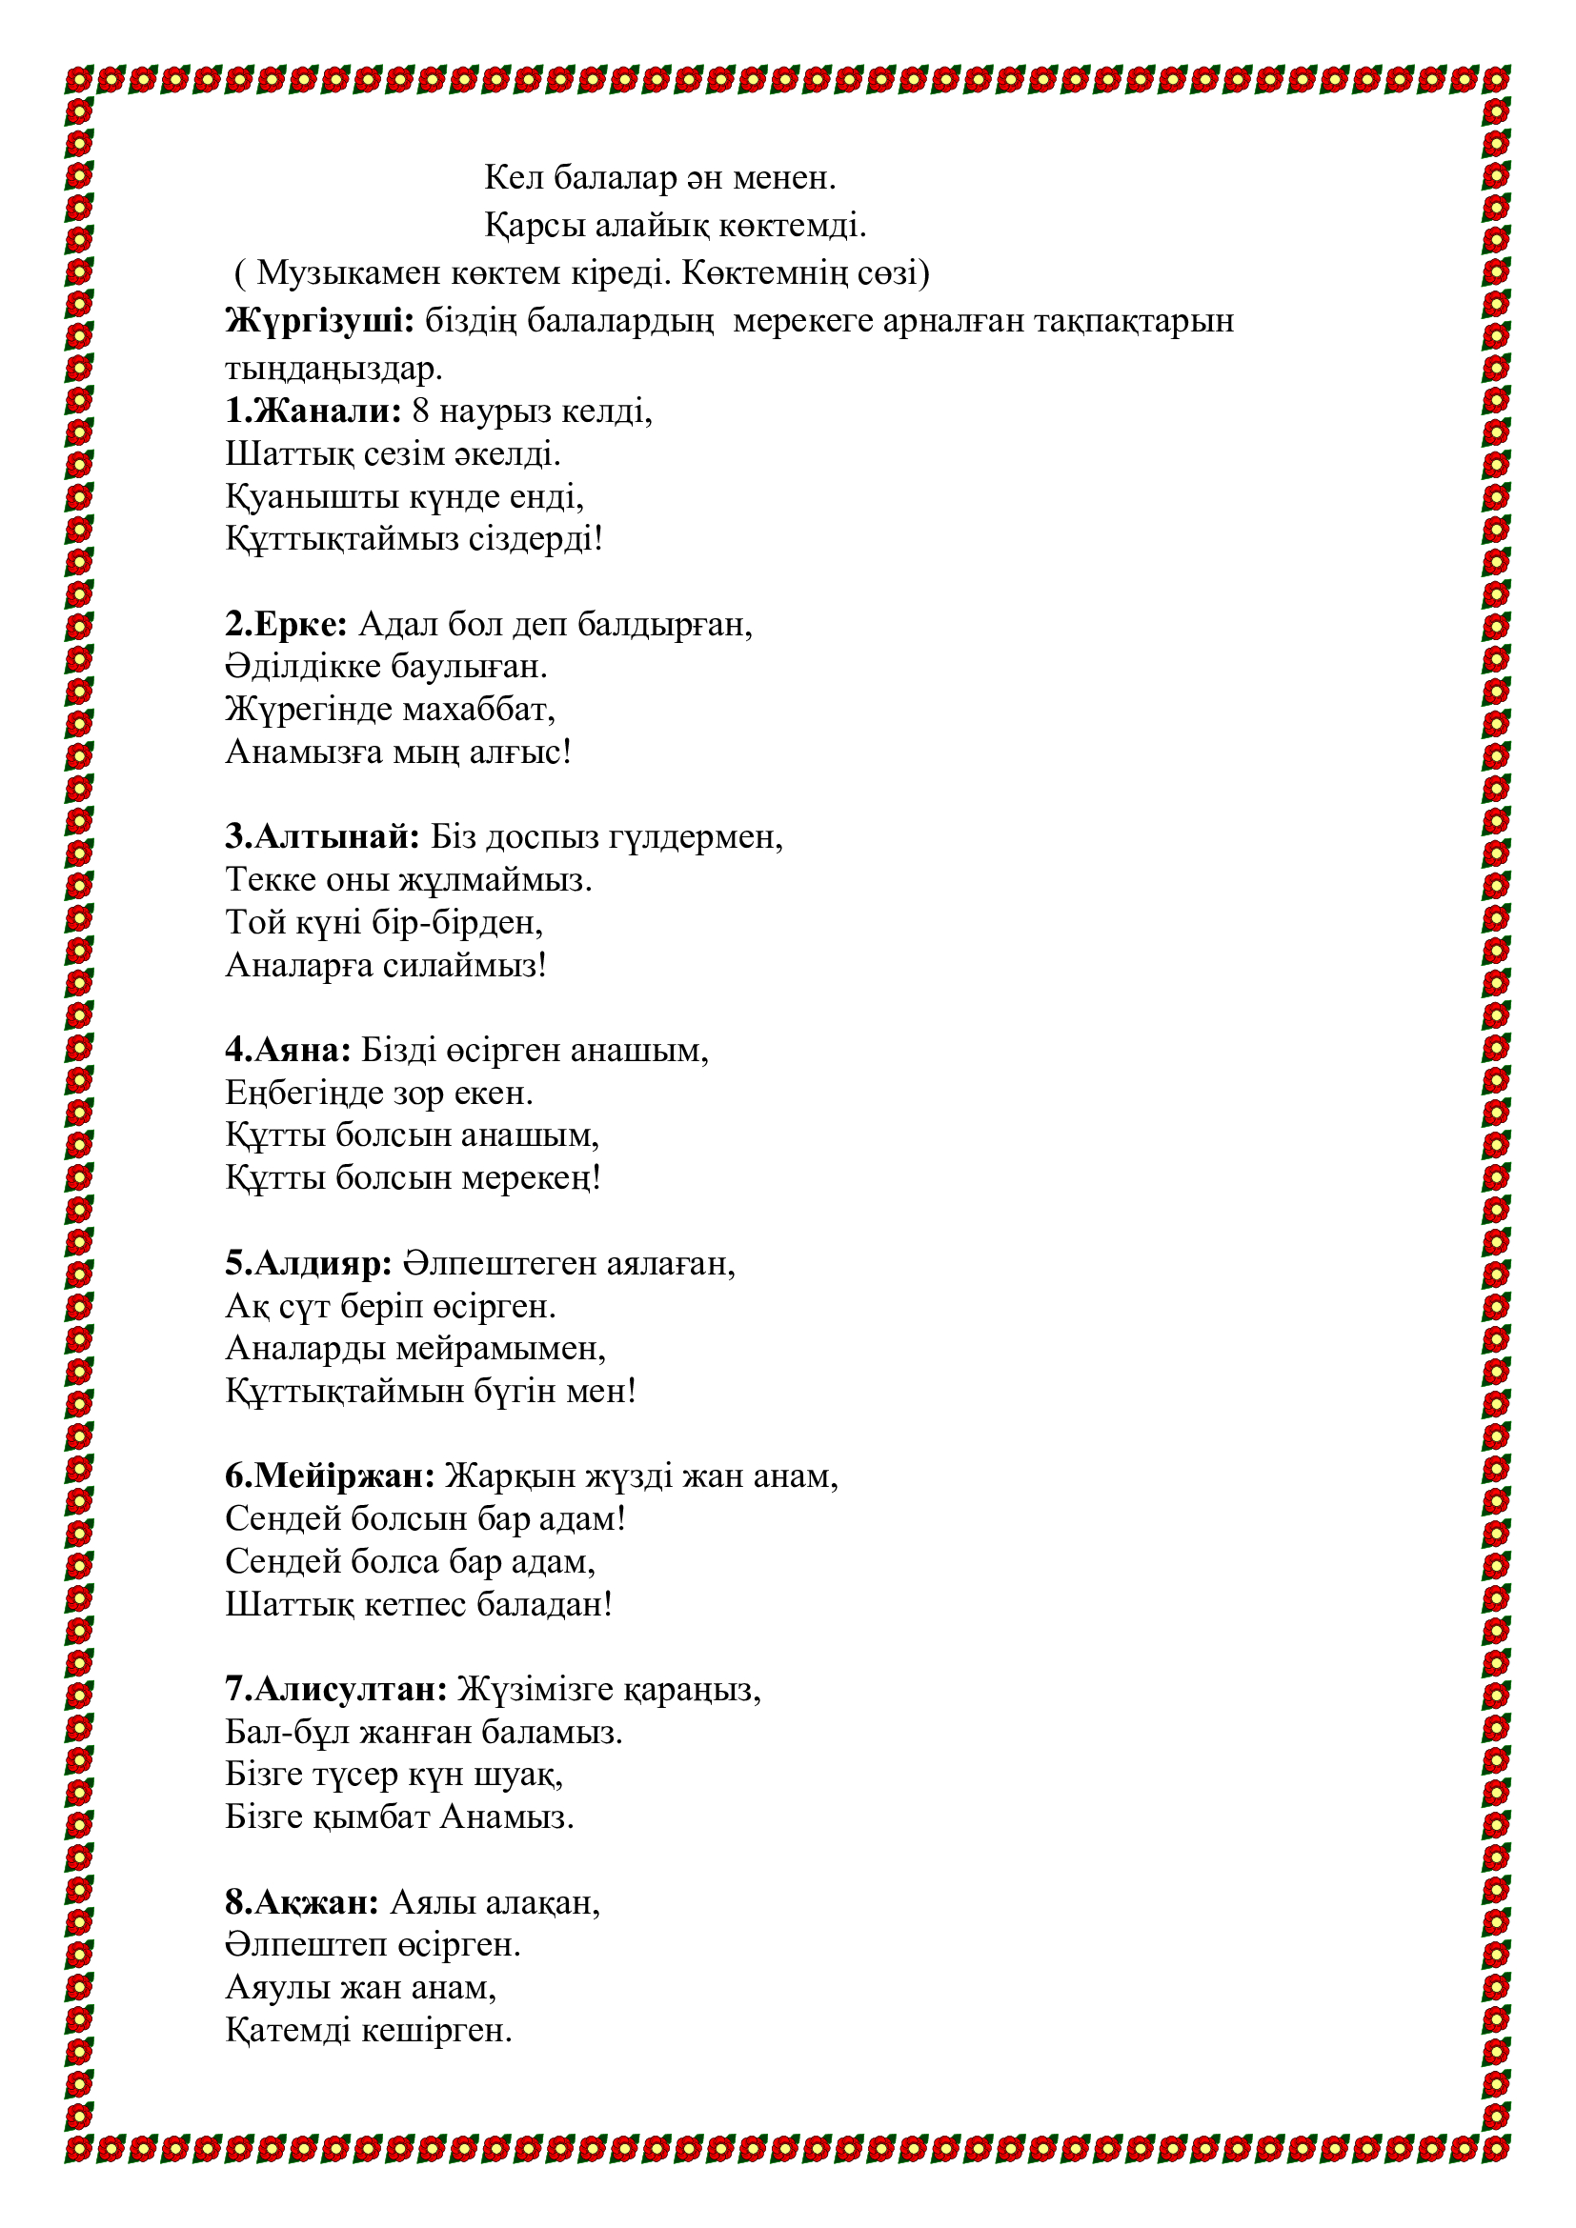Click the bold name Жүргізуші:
click(319, 320)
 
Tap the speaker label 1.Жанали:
click(313, 411)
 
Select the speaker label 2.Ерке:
click(286, 624)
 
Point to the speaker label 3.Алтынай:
click(322, 836)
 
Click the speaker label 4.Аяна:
click(288, 1050)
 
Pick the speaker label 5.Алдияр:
click(309, 1263)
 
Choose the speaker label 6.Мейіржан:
click(330, 1475)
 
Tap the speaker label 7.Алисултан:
click(335, 1690)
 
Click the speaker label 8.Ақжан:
click(302, 1902)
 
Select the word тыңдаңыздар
click(333, 370)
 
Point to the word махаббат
click(478, 710)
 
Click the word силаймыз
click(465, 966)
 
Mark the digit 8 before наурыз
click(420, 411)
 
